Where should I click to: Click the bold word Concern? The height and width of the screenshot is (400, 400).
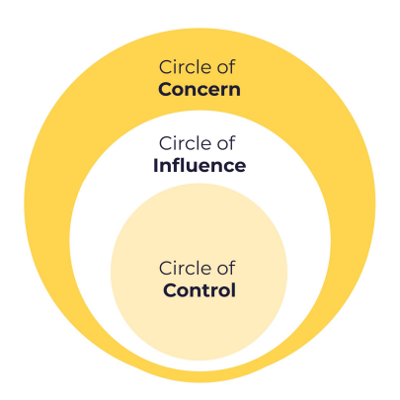(x=200, y=89)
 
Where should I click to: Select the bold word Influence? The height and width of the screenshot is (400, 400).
(x=200, y=165)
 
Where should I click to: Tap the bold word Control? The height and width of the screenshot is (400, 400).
(x=200, y=290)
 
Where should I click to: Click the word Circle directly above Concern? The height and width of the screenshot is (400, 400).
(x=186, y=67)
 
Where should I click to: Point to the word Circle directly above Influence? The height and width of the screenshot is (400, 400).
(x=186, y=143)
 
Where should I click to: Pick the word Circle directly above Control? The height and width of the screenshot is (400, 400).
(x=186, y=268)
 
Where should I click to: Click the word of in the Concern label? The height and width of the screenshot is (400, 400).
(x=226, y=67)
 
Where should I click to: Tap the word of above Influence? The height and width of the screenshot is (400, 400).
(x=226, y=143)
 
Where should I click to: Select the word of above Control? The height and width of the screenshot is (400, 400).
(x=226, y=268)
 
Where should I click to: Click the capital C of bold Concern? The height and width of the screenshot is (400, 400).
(x=165, y=90)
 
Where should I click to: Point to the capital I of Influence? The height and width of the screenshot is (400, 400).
(x=155, y=165)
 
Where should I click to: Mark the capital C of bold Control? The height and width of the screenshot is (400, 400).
(x=170, y=290)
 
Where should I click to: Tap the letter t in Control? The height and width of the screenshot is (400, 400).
(x=207, y=290)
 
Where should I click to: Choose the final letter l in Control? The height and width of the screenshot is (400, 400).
(x=233, y=290)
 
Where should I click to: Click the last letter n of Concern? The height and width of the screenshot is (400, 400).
(x=234, y=91)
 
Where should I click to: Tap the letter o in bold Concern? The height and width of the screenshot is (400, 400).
(x=180, y=91)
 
